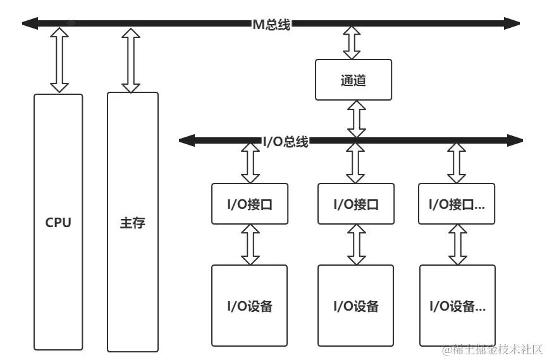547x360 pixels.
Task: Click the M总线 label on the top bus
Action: (x=271, y=25)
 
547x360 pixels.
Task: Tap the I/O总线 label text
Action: (x=285, y=142)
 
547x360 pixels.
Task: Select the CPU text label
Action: (x=58, y=223)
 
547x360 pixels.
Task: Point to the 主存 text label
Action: (x=132, y=223)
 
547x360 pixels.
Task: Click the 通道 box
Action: (x=353, y=80)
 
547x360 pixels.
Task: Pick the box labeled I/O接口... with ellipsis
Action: (x=457, y=204)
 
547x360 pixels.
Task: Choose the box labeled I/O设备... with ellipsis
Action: (x=457, y=306)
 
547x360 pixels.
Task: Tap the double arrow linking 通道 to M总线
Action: (x=352, y=43)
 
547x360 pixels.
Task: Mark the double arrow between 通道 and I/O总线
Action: (x=356, y=117)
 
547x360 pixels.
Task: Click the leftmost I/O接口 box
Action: (x=249, y=204)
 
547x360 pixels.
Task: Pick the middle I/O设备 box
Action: (x=355, y=306)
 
